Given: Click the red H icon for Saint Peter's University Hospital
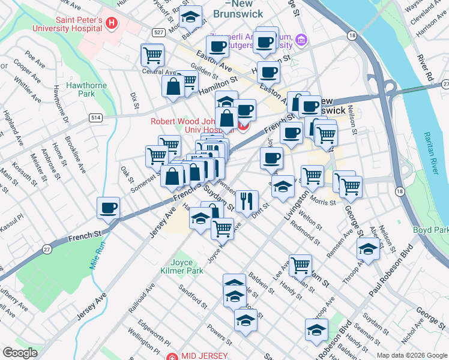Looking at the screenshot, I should (110, 23).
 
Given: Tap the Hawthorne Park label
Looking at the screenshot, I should (80, 89).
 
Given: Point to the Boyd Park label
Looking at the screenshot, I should (430, 230).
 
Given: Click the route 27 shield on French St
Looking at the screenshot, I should (47, 248).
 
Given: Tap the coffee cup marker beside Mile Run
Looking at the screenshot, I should (109, 208).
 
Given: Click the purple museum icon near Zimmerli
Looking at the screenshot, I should (302, 40).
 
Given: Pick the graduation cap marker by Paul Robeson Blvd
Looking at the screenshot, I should (367, 248).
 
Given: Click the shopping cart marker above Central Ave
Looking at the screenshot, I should (152, 55).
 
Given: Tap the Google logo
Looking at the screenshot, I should (20, 353).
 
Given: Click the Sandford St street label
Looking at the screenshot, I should (192, 296).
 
